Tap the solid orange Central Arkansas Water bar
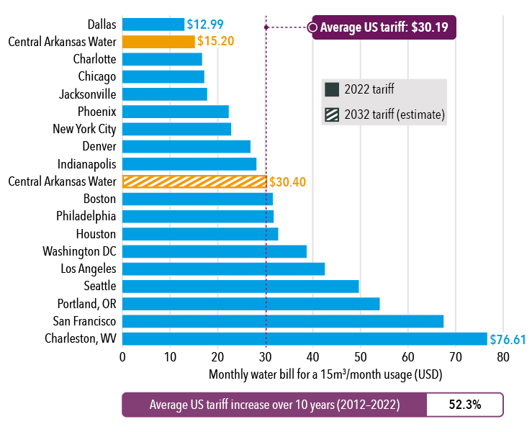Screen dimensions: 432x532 158,42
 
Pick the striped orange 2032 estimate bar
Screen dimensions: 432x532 194,181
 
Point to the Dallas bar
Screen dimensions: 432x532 153,24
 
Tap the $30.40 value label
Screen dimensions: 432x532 287,181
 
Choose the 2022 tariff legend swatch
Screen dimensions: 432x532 332,90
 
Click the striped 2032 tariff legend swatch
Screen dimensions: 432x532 332,114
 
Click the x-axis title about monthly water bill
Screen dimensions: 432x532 325,375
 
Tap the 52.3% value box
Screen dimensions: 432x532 464,405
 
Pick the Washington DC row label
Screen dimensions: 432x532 80,251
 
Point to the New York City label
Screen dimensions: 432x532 85,129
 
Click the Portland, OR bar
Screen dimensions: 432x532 251,304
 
